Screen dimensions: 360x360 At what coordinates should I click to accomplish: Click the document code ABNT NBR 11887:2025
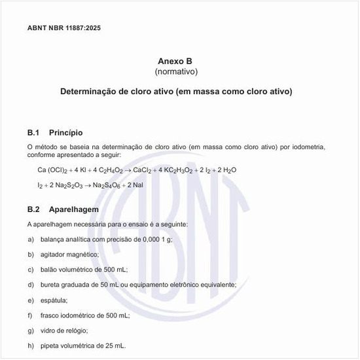point(64,28)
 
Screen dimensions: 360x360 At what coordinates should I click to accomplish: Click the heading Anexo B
point(175,60)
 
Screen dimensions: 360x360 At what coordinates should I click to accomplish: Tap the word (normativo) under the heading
point(175,71)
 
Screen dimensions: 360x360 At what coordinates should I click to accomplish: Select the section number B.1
point(34,133)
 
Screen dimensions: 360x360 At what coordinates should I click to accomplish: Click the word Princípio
point(65,133)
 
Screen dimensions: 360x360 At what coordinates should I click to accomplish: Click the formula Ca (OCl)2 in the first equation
point(52,170)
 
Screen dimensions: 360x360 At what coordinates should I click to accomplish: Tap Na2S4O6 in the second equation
point(108,185)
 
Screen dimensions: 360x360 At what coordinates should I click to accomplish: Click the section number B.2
point(34,209)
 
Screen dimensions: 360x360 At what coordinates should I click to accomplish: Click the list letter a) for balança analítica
point(31,240)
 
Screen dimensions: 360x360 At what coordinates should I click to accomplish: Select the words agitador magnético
point(64,255)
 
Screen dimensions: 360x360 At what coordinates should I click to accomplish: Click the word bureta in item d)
point(49,285)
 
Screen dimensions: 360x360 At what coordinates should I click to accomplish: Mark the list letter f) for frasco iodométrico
point(30,315)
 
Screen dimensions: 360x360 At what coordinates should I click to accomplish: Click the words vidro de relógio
point(63,330)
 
